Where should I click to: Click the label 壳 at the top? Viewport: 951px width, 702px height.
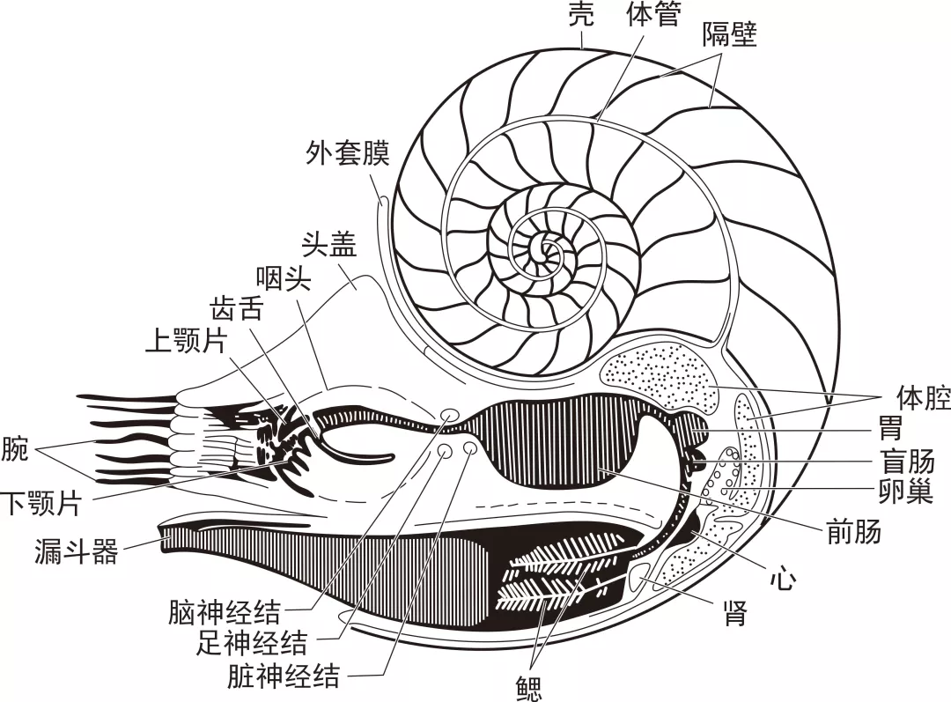pyautogui.click(x=581, y=15)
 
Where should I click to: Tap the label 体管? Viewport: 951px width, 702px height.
pyautogui.click(x=653, y=15)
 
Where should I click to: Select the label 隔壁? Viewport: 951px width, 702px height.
pyautogui.click(x=730, y=36)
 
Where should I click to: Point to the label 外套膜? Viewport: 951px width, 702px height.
pyautogui.click(x=348, y=153)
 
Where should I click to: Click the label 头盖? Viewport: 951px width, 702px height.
pyautogui.click(x=329, y=244)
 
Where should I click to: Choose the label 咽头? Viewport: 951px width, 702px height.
pyautogui.click(x=284, y=277)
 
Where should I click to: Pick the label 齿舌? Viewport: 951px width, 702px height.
pyautogui.click(x=236, y=308)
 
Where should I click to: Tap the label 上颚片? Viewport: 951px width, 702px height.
pyautogui.click(x=186, y=341)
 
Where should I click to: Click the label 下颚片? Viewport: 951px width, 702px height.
pyautogui.click(x=41, y=503)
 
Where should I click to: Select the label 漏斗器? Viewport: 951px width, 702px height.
pyautogui.click(x=76, y=551)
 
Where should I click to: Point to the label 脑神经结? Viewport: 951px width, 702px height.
pyautogui.click(x=225, y=612)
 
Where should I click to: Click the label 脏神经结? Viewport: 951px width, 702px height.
pyautogui.click(x=284, y=676)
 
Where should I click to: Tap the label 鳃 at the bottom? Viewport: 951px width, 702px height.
pyautogui.click(x=528, y=689)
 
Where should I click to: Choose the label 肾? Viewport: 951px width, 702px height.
pyautogui.click(x=734, y=613)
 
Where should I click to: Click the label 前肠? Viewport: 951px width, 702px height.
pyautogui.click(x=854, y=532)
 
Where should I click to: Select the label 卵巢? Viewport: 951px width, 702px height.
pyautogui.click(x=906, y=491)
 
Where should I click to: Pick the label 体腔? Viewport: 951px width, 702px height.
pyautogui.click(x=923, y=399)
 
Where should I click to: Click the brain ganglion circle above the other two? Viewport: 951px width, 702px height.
pyautogui.click(x=449, y=415)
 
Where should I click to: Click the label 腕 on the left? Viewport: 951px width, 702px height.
pyautogui.click(x=15, y=450)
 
